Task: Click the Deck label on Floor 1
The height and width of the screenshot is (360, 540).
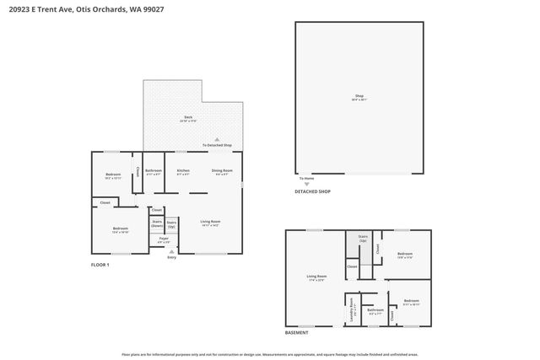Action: click(187, 118)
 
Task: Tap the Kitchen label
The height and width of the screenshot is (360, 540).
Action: click(183, 172)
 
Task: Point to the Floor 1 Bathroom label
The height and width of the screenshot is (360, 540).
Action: click(153, 172)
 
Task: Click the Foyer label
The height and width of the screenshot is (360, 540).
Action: click(164, 239)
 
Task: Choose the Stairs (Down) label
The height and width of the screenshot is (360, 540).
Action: click(157, 223)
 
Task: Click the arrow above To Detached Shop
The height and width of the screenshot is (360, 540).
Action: click(216, 139)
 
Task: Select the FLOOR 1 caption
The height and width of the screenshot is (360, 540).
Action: click(100, 265)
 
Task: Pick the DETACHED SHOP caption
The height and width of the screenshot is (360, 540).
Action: click(312, 191)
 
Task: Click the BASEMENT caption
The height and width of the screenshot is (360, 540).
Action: click(296, 333)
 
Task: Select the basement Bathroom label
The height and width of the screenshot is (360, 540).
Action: click(375, 310)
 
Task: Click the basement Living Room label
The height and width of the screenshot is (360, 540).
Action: click(316, 277)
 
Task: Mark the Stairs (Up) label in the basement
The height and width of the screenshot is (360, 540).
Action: click(364, 238)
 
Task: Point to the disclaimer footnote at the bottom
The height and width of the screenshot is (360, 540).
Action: click(270, 355)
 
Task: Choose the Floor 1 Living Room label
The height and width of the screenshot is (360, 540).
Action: click(210, 223)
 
